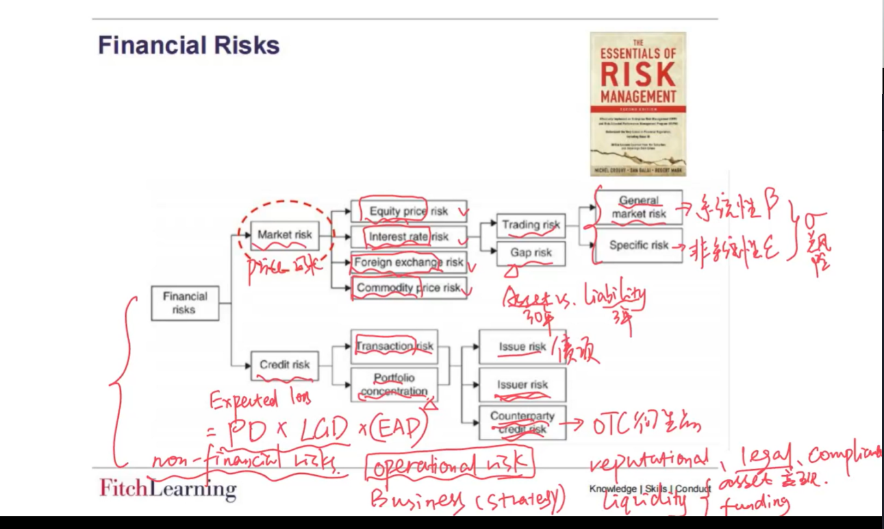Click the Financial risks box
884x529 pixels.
[184, 303]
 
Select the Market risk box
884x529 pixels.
[284, 235]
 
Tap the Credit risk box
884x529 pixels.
[284, 365]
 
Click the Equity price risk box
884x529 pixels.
[409, 212]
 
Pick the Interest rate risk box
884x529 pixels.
[409, 237]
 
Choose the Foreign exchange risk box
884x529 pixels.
[409, 262]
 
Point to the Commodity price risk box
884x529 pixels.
[409, 288]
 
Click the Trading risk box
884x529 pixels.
[531, 225]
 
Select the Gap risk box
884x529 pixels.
[531, 252]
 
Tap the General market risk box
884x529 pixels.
[638, 207]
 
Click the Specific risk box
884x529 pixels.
[638, 245]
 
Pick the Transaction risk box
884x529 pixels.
[394, 346]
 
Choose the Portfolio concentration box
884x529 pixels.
[394, 385]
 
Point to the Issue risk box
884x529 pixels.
[522, 347]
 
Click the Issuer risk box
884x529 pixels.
[522, 385]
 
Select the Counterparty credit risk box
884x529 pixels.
[522, 423]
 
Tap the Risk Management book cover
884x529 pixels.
[637, 104]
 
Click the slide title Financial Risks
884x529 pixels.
[188, 45]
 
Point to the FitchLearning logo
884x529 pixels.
[168, 488]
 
